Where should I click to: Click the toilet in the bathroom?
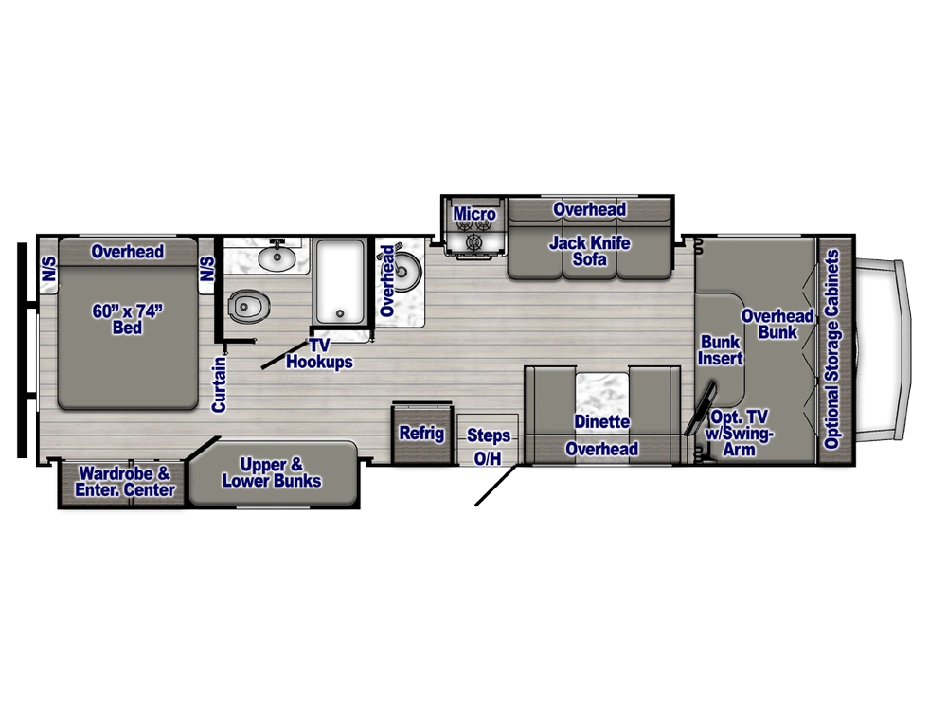point(247,307)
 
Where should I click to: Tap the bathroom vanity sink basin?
point(277,258)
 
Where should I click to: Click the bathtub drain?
point(340,314)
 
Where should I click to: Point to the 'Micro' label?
point(474,214)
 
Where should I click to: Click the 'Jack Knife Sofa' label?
point(589,251)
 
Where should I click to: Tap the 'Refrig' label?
point(421,433)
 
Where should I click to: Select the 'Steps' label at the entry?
point(488,435)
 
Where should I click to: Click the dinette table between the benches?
point(601,394)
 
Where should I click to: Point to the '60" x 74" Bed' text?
point(128,319)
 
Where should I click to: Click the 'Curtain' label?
point(219,384)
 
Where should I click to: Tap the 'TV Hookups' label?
point(319,354)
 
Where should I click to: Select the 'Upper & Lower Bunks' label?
point(272,472)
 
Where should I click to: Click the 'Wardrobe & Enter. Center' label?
point(125,481)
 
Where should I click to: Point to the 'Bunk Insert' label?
point(720,350)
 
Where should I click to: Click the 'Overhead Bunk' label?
point(777,324)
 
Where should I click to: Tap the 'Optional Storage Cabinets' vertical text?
point(832,349)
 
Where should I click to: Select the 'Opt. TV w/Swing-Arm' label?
point(740,433)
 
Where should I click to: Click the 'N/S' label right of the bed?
point(206,269)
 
